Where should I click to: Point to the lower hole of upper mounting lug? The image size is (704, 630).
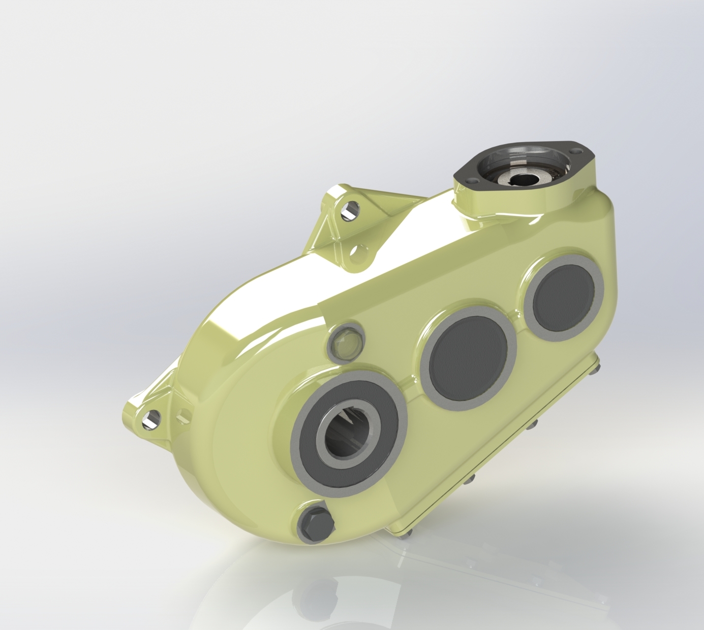click(359, 251)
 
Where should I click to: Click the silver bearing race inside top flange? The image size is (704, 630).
click(539, 173)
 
